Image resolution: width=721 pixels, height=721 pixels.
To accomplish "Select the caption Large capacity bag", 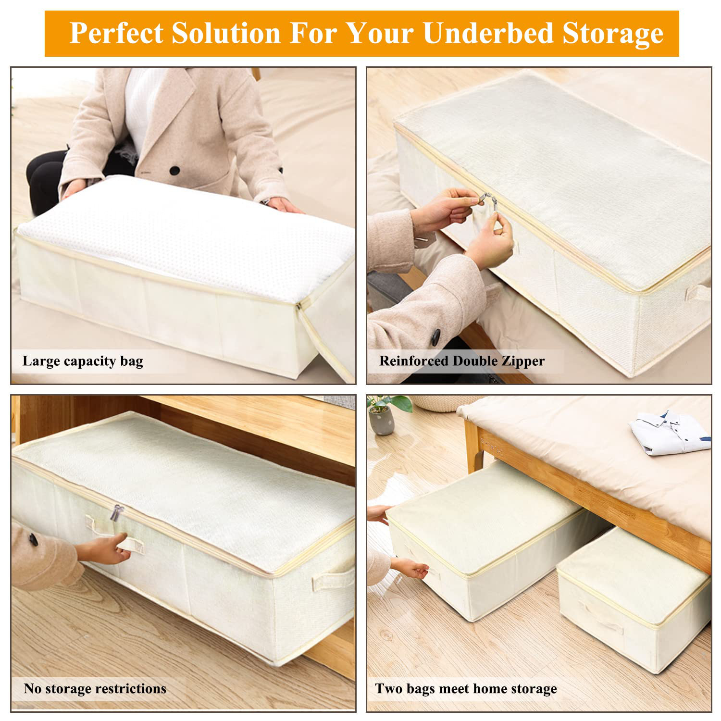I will tap(83, 361).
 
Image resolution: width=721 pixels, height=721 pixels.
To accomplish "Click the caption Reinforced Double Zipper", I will tap(461, 361).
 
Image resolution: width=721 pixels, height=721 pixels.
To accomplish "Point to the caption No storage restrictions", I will tap(95, 688).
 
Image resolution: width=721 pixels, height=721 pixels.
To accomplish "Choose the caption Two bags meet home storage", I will tap(466, 688).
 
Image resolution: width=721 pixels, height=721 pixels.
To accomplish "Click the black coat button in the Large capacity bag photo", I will tap(175, 170).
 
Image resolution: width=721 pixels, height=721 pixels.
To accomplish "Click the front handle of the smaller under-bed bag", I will tap(601, 620).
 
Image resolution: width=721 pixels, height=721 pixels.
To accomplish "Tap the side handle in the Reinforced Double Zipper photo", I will tap(697, 292).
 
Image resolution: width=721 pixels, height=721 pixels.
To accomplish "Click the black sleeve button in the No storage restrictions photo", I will tap(33, 539).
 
